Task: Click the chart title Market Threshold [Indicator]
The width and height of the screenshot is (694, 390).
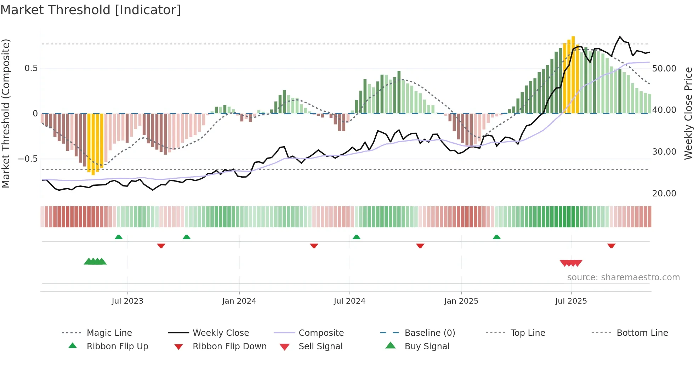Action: pyautogui.click(x=91, y=10)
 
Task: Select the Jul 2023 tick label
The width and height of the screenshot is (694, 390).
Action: pyautogui.click(x=127, y=301)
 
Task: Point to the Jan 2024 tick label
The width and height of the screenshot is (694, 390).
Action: pyautogui.click(x=239, y=301)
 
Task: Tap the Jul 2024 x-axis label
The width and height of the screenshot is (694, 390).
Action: pyautogui.click(x=349, y=301)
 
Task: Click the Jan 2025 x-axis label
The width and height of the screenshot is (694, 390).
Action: pyautogui.click(x=461, y=301)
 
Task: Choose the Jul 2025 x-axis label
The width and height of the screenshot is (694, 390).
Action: pyautogui.click(x=571, y=301)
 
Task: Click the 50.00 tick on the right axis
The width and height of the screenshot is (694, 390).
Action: pyautogui.click(x=664, y=69)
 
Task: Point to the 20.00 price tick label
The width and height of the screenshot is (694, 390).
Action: pyautogui.click(x=664, y=194)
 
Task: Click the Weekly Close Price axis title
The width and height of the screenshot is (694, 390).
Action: pyautogui.click(x=688, y=113)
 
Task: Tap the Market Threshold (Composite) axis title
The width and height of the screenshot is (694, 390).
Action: pyautogui.click(x=6, y=113)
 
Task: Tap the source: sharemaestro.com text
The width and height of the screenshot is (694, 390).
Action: pyautogui.click(x=623, y=277)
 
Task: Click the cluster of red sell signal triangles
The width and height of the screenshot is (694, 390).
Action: pyautogui.click(x=571, y=263)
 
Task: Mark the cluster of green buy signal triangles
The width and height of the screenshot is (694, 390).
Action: pyautogui.click(x=95, y=262)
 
